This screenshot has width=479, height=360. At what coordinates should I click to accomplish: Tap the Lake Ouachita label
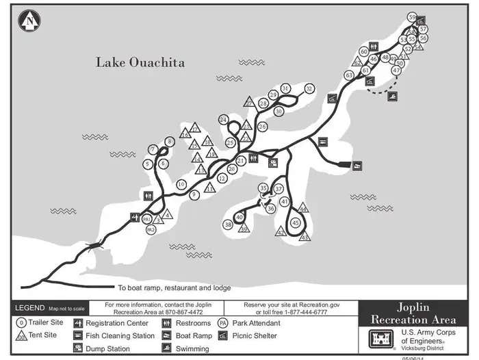(140, 62)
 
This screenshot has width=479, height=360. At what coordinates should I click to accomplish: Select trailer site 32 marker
(309, 89)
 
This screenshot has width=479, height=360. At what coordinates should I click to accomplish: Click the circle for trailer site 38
(228, 224)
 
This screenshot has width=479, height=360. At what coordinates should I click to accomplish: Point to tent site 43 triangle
(305, 237)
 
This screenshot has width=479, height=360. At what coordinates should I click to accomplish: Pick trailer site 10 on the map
(181, 184)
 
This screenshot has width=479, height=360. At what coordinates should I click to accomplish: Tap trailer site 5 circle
(147, 164)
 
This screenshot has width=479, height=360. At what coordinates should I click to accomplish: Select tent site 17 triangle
(195, 127)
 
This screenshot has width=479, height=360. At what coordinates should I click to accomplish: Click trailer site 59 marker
(411, 16)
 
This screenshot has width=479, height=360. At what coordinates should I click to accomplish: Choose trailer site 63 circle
(349, 75)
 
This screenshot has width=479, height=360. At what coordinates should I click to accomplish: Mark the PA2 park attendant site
(151, 230)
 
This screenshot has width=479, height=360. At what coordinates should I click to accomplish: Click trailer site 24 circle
(223, 119)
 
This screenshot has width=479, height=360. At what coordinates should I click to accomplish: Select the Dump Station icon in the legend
(78, 348)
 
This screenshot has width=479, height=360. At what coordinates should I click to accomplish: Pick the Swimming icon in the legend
(167, 348)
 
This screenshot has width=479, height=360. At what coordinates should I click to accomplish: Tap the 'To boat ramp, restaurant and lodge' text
(174, 288)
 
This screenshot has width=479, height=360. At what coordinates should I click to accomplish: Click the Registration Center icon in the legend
(78, 323)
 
